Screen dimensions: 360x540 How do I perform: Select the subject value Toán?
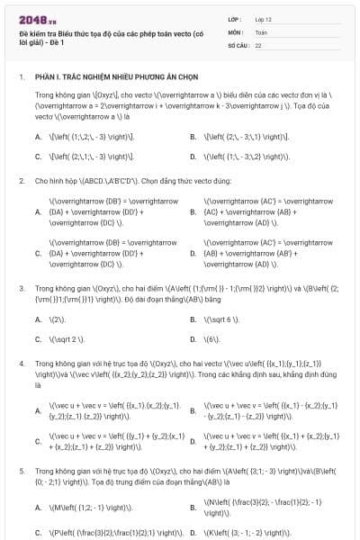click(261, 31)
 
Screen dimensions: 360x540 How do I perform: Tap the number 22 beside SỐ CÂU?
click(258, 44)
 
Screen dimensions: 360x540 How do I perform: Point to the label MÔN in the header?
click(236, 31)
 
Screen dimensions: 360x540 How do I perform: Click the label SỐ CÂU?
click(238, 44)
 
